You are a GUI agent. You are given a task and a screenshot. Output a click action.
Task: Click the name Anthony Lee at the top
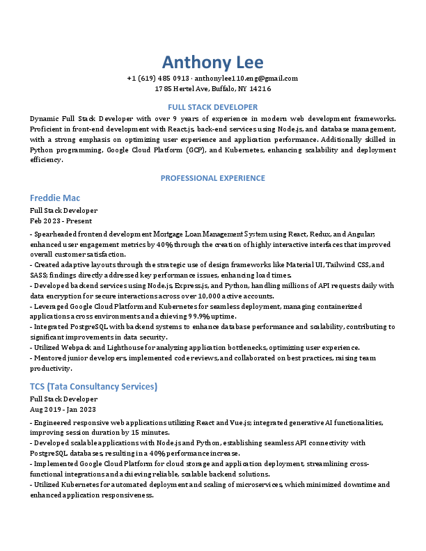tap(213, 61)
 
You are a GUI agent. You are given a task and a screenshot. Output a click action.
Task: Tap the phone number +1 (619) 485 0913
tap(158, 79)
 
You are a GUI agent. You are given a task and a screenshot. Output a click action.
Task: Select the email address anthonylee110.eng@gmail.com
tap(246, 79)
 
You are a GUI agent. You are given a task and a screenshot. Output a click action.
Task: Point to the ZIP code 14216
tap(260, 89)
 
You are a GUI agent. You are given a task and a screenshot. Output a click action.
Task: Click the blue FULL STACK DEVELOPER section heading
tap(213, 107)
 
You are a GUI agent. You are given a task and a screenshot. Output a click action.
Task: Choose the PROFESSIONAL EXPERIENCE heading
tap(213, 178)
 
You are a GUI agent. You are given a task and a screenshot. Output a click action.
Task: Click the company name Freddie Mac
tap(55, 198)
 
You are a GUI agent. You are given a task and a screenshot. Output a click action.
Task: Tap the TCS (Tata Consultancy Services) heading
tap(93, 387)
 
